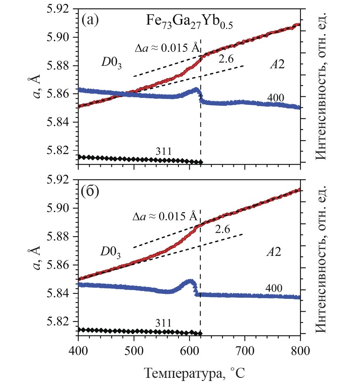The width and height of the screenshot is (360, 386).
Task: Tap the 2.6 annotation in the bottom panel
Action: coord(222,230)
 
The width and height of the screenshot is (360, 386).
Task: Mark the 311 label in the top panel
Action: coord(163,152)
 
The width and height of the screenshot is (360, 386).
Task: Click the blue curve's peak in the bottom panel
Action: coord(190,281)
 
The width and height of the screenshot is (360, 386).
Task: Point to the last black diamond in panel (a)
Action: coord(201,162)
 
